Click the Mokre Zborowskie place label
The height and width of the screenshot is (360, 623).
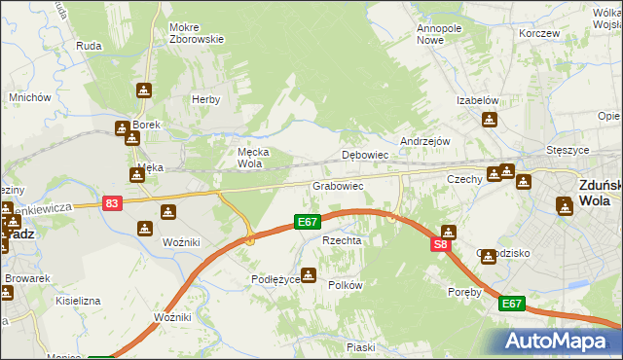197,33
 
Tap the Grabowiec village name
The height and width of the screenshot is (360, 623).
338,185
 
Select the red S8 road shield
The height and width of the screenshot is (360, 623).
440,245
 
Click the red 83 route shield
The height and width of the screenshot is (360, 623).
113,202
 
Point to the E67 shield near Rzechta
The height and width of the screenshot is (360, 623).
309,224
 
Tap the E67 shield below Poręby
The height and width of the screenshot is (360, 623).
512,305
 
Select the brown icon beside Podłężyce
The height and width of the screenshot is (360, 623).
310,275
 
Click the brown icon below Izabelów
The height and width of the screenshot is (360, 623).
489,120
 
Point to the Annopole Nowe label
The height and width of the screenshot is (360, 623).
438,34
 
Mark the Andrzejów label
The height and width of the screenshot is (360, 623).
425,141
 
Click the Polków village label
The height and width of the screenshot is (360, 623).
346,285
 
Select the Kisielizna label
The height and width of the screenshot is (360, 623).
78,301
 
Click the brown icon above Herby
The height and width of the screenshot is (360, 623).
144,90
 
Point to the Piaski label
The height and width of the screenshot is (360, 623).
360,347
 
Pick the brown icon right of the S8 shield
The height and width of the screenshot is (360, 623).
448,232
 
